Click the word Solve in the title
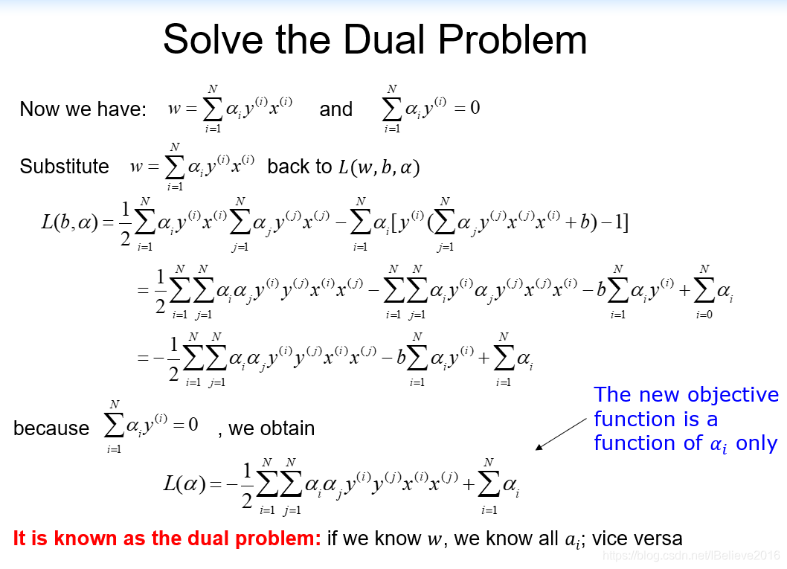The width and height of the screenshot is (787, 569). [x=213, y=39]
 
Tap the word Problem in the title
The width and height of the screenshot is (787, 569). [x=513, y=39]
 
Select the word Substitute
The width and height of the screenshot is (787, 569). [x=64, y=167]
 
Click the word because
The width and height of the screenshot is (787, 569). [x=51, y=428]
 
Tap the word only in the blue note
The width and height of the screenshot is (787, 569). [x=757, y=443]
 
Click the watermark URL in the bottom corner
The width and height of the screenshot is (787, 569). [x=691, y=556]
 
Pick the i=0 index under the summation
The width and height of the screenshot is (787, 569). [x=704, y=315]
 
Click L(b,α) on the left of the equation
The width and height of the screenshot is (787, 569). [x=70, y=222]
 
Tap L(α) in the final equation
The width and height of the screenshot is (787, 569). [x=184, y=484]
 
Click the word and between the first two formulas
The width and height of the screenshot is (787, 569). [x=335, y=109]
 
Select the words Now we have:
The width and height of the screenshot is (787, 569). [x=83, y=109]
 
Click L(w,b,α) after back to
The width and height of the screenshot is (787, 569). [x=379, y=167]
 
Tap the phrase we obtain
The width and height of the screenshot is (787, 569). [x=272, y=428]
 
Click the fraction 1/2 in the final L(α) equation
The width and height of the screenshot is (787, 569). [x=246, y=485]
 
